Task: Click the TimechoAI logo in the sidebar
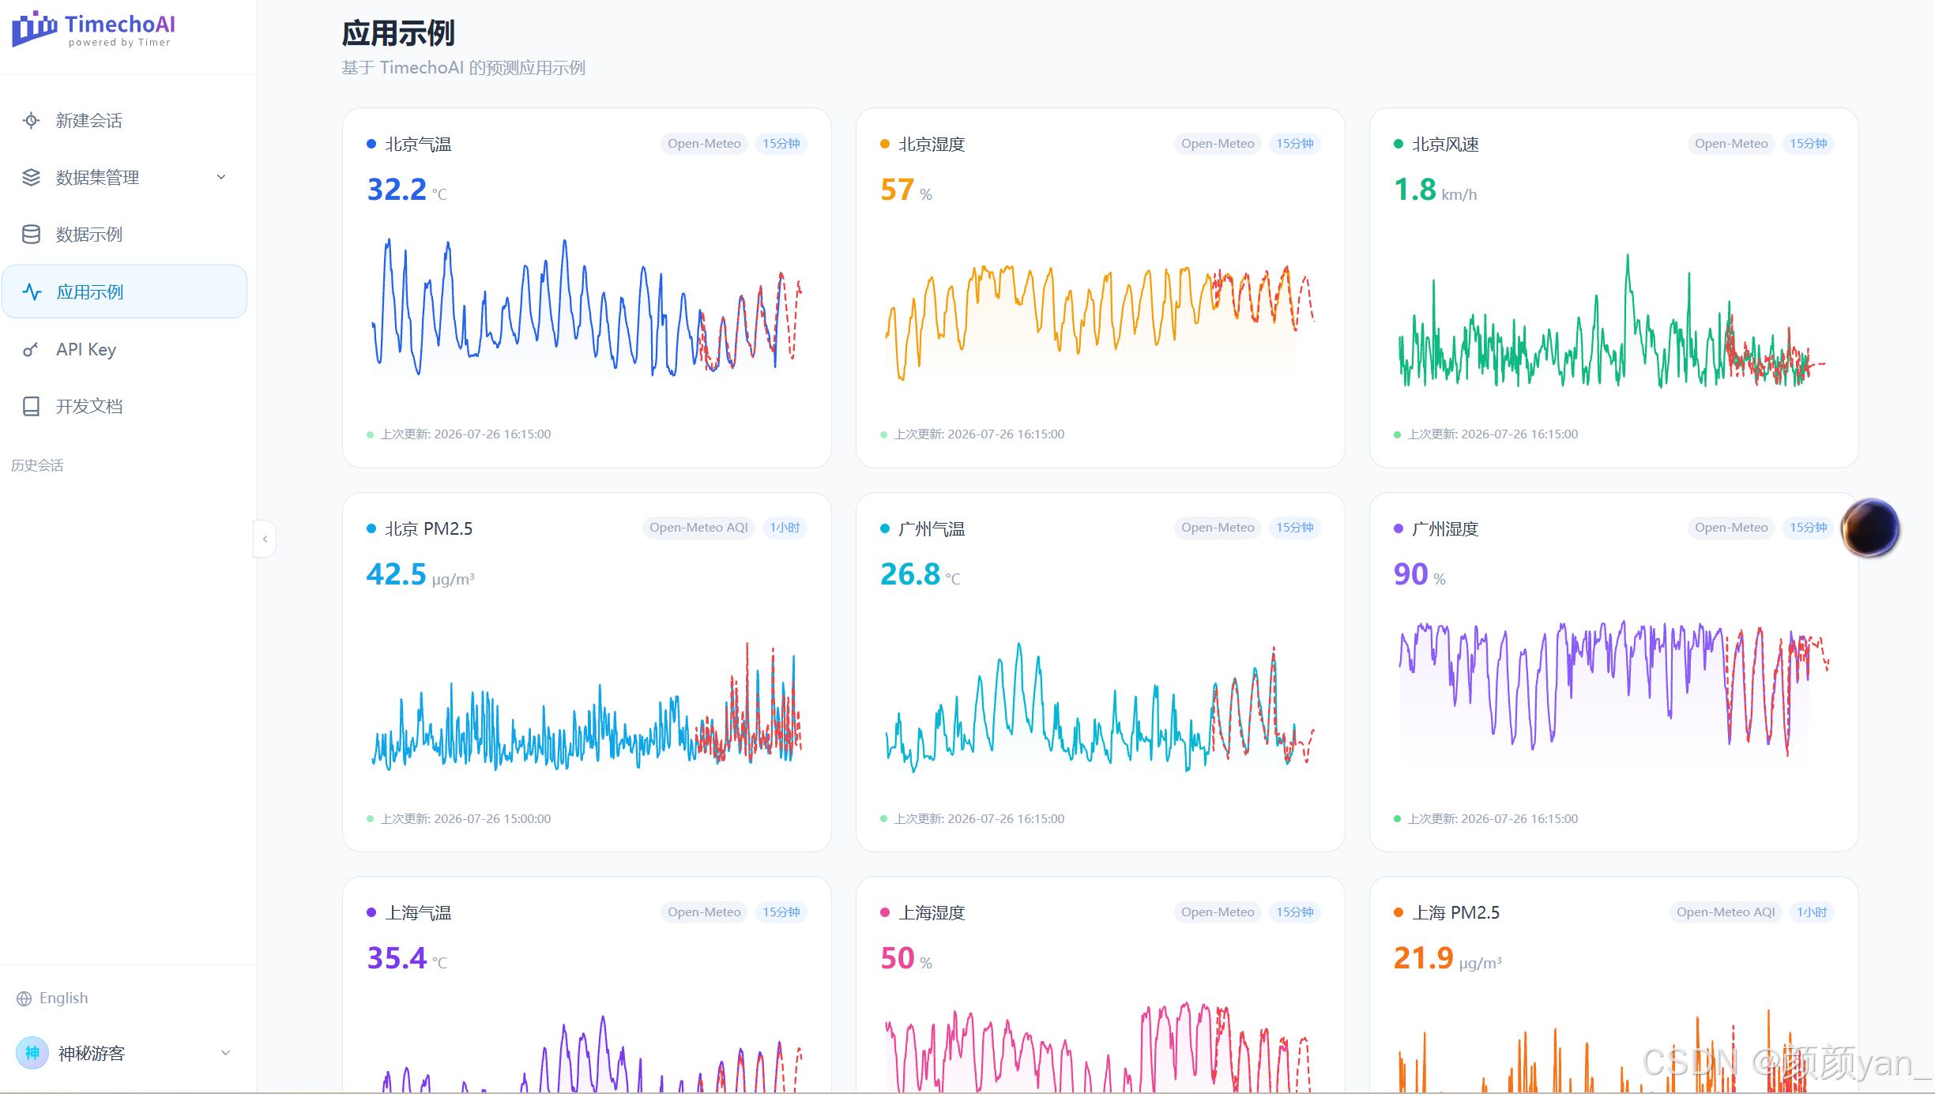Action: pyautogui.click(x=93, y=30)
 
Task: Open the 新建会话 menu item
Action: pyautogui.click(x=88, y=120)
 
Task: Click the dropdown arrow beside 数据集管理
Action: pyautogui.click(x=221, y=177)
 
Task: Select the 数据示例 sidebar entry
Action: pyautogui.click(x=88, y=235)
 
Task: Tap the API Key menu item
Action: pyautogui.click(x=85, y=349)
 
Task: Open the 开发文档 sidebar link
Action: pyautogui.click(x=88, y=406)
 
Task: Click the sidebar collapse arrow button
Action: pyautogui.click(x=265, y=539)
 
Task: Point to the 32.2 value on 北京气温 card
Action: pyautogui.click(x=397, y=190)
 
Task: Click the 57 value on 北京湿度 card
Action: pyautogui.click(x=897, y=190)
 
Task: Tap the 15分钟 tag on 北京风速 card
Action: pyautogui.click(x=1808, y=144)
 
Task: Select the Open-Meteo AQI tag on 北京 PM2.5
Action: pyautogui.click(x=698, y=528)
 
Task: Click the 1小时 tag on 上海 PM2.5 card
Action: pyautogui.click(x=1812, y=912)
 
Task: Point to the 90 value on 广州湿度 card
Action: pyautogui.click(x=1410, y=574)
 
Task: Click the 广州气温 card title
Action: pyautogui.click(x=932, y=528)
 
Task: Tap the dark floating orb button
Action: pyautogui.click(x=1870, y=528)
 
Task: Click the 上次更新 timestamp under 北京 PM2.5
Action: pyautogui.click(x=465, y=818)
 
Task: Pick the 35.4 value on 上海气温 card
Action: pyautogui.click(x=397, y=958)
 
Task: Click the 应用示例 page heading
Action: pyautogui.click(x=398, y=33)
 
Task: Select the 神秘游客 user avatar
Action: pyautogui.click(x=32, y=1053)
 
